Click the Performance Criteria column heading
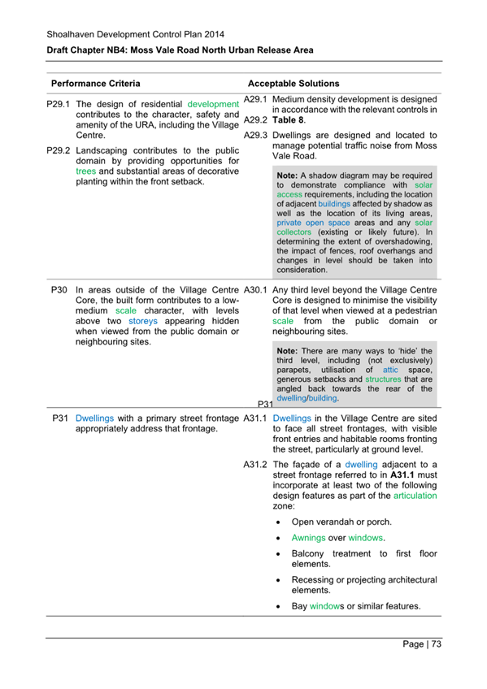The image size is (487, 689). pos(95,84)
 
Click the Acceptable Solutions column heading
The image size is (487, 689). pos(294,84)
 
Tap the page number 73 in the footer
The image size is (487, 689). pos(436,644)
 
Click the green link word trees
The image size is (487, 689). pos(86,171)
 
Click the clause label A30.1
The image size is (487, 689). pos(256,289)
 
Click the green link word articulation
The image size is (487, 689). pos(415,495)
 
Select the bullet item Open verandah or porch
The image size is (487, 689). pos(341,522)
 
